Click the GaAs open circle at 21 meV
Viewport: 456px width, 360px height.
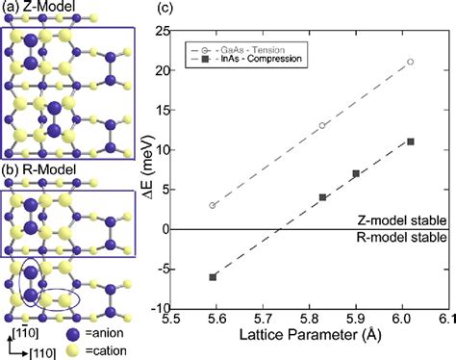[411, 62]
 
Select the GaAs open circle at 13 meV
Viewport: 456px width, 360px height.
[322, 125]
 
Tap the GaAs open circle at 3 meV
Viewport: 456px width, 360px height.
[213, 205]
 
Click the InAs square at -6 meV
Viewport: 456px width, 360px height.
[213, 277]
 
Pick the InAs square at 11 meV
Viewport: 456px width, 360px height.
[411, 141]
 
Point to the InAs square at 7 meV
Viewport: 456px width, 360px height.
[356, 173]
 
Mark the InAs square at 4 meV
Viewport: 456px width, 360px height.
[322, 197]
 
